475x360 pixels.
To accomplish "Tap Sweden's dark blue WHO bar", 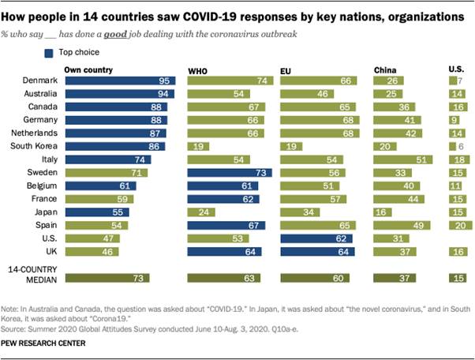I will pyautogui.click(x=228, y=172).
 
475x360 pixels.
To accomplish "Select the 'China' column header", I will pyautogui.click(x=385, y=70).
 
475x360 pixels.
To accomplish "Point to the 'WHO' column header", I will pyautogui.click(x=196, y=70).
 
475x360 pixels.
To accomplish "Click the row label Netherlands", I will pyautogui.click(x=36, y=133).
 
